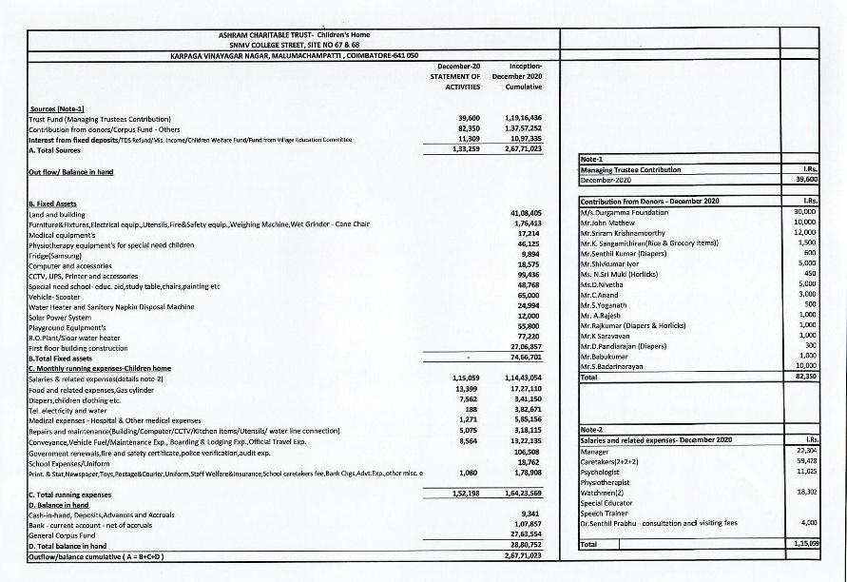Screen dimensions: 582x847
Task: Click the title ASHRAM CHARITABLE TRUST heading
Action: (x=293, y=34)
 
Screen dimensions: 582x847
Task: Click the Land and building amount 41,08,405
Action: (x=525, y=212)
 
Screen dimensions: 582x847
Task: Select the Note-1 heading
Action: (x=594, y=160)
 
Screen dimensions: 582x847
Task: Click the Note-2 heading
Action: (x=594, y=430)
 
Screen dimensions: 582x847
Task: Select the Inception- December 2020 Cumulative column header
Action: (x=519, y=76)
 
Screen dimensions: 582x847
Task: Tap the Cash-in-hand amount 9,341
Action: (x=530, y=513)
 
